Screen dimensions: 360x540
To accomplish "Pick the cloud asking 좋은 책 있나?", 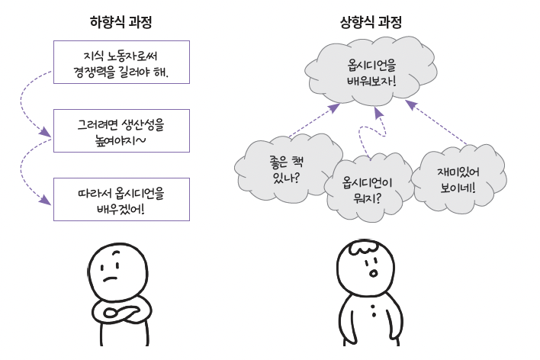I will pyautogui.click(x=284, y=169).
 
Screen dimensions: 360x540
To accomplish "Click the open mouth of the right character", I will pyautogui.click(x=371, y=272).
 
